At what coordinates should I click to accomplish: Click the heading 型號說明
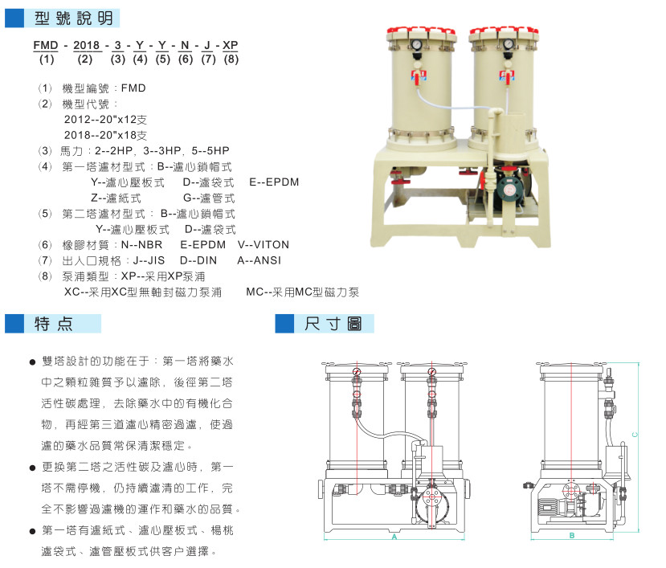[x=73, y=18]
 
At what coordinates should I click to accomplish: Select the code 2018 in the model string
[x=86, y=45]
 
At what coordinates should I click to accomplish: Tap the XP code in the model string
[x=231, y=45]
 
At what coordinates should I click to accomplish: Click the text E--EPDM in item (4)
[x=274, y=182]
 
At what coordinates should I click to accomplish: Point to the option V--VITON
[x=264, y=245]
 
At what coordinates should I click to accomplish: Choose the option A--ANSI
[x=259, y=260]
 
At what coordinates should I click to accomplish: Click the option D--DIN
[x=198, y=260]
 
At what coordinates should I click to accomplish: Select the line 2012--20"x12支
[x=106, y=120]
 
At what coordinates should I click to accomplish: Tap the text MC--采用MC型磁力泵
[x=302, y=292]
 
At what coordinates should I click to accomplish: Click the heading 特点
[x=54, y=324]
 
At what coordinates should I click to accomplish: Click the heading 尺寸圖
[x=333, y=324]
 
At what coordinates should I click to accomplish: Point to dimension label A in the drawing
[x=394, y=537]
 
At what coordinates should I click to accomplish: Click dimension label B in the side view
[x=572, y=536]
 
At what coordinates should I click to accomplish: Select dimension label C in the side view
[x=635, y=434]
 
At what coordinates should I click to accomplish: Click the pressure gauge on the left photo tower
[x=416, y=45]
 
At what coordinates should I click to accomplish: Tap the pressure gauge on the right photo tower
[x=509, y=44]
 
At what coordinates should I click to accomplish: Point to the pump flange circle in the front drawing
[x=432, y=496]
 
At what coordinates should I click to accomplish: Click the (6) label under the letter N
[x=186, y=59]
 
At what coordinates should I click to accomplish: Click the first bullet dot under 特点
[x=33, y=362]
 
